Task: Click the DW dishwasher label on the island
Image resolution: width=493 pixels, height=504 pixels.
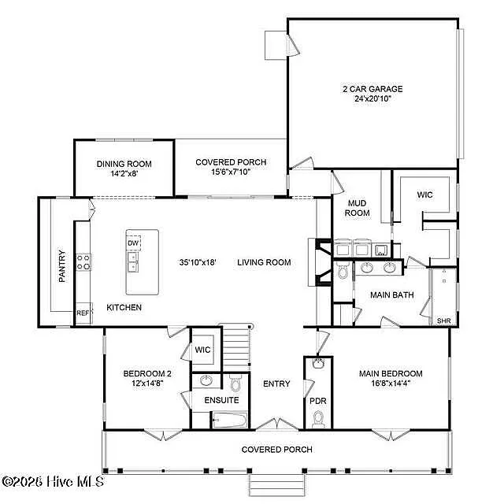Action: coord(133,243)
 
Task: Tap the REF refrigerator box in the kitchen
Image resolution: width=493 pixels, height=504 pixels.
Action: coord(84,313)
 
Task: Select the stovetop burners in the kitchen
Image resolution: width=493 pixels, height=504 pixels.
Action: coord(83,262)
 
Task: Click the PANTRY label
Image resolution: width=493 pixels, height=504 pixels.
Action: coord(62,266)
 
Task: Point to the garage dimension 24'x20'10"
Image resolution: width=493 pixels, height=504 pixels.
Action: coord(373,98)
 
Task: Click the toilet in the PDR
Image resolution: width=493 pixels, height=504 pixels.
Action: coord(318,419)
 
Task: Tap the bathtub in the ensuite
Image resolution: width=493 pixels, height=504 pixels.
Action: coord(229,420)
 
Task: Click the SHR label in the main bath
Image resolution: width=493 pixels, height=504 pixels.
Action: coord(444,321)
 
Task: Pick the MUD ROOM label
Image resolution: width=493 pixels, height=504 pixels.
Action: coord(357,208)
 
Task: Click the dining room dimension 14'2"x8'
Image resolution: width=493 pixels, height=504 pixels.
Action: coord(124,173)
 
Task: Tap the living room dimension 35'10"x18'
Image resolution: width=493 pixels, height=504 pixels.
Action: coord(198,262)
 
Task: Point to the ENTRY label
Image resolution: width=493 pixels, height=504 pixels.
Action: coord(276,384)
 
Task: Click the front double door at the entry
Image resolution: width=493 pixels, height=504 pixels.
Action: coord(277,424)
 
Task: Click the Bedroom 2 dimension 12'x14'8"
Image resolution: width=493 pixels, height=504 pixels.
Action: coord(147,384)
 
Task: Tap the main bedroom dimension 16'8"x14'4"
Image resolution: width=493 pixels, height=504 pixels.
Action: coord(391,384)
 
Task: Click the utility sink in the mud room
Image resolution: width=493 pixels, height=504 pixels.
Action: coord(381,250)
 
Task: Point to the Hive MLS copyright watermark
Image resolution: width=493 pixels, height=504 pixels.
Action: coord(53,481)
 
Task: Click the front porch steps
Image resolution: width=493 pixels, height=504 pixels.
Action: coord(277,485)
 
